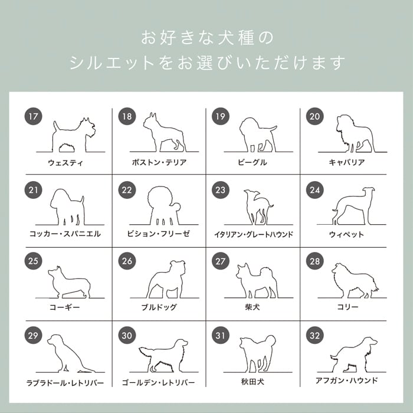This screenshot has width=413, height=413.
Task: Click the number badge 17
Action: [x=34, y=116]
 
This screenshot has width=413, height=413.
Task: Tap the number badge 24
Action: [x=314, y=190]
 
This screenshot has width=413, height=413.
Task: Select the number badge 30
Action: [x=127, y=335]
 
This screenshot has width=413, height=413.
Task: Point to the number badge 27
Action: [x=221, y=261]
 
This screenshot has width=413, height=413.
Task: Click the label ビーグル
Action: [x=253, y=162]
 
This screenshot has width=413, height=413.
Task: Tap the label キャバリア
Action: [x=347, y=162]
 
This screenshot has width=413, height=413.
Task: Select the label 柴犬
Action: [x=253, y=307]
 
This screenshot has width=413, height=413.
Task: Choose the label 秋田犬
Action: [x=253, y=381]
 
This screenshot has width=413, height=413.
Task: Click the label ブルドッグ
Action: [x=159, y=307]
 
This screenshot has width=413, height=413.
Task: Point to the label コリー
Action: [x=348, y=307]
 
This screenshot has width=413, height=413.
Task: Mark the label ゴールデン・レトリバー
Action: [x=158, y=382]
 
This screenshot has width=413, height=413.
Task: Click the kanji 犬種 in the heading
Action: [x=236, y=38]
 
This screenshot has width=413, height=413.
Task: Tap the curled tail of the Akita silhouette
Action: [x=271, y=340]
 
